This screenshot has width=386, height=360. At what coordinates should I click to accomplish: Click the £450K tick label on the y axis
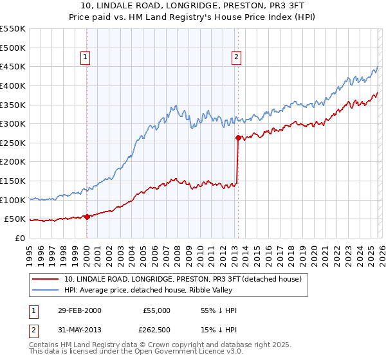point(13,66)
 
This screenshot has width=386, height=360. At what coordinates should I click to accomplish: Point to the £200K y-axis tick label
point(13,162)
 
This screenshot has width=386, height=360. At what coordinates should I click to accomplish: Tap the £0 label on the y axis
point(20,239)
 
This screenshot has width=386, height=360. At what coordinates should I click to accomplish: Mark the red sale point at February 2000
point(87,217)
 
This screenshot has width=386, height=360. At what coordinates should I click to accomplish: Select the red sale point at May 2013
point(237,138)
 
